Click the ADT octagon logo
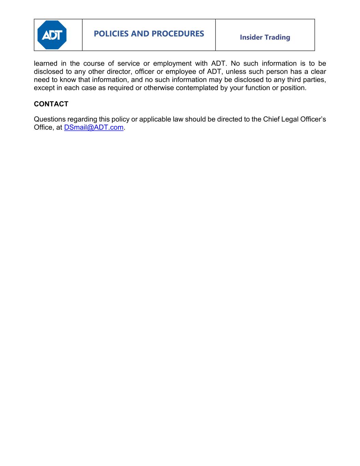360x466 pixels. point(52,35)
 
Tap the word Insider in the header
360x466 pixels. point(251,37)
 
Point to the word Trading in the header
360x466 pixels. point(277,37)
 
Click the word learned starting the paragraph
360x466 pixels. point(46,63)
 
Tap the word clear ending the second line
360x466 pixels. point(318,72)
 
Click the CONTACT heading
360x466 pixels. point(51,104)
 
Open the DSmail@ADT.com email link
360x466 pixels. point(93,128)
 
